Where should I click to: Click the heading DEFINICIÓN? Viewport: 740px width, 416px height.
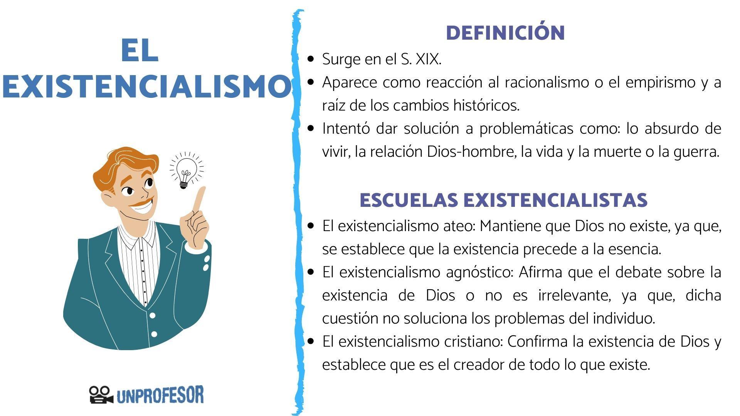[505, 33]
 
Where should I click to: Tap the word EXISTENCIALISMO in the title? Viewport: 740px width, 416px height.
[146, 87]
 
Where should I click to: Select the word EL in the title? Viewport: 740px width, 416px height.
[140, 51]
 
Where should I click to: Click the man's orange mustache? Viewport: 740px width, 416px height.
[143, 202]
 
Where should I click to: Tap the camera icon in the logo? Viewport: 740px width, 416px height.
[101, 395]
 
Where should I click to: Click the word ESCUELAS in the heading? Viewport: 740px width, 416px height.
[409, 200]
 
